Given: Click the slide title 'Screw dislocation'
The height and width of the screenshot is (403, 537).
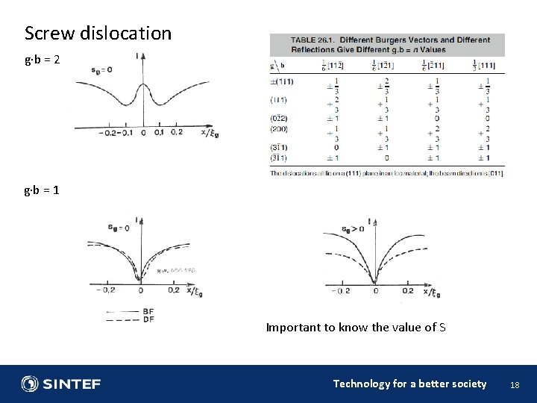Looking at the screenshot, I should click(98, 34).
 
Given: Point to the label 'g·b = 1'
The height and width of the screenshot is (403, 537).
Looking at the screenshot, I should click(42, 190).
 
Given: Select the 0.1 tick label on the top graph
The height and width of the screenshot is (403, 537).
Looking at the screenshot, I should click(158, 134).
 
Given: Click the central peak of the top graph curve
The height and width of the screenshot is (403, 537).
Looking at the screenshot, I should click(142, 84).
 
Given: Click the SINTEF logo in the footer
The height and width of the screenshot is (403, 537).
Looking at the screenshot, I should click(61, 384).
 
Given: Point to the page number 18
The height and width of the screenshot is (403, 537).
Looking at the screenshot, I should click(514, 384).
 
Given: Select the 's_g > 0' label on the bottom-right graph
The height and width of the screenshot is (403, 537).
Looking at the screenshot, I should click(352, 229).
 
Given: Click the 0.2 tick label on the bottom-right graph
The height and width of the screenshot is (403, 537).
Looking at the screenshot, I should click(408, 291).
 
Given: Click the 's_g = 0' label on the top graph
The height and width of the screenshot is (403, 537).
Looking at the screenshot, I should click(101, 69).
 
